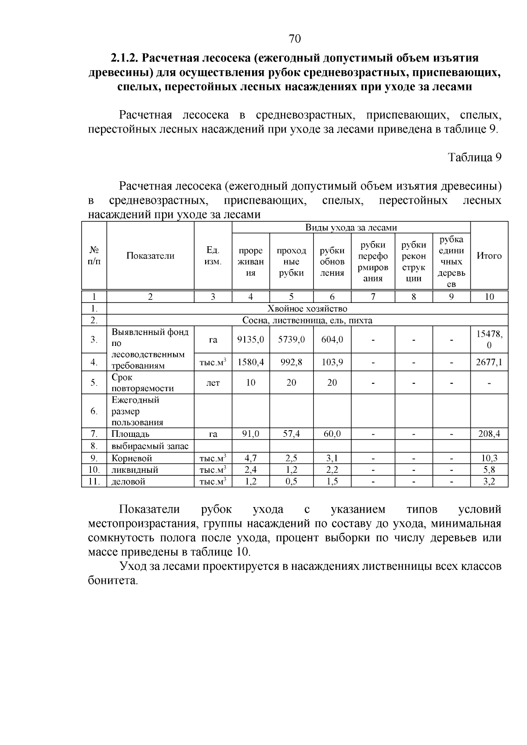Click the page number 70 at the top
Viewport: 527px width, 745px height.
295,39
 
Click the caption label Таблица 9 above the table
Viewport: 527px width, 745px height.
474,158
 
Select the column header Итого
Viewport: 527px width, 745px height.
489,256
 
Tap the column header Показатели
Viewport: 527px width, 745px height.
150,256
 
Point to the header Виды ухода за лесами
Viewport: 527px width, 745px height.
351,227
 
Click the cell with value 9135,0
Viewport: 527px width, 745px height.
250,339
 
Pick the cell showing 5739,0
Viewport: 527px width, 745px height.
291,339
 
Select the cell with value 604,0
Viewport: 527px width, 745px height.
332,339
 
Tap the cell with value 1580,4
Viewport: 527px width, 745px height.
250,362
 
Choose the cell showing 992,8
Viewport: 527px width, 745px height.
291,362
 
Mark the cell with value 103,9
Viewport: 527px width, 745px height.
332,362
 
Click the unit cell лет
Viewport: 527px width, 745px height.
213,383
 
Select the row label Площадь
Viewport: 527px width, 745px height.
130,434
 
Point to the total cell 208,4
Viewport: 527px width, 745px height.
489,434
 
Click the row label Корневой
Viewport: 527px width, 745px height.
132,458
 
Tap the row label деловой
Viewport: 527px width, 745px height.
128,482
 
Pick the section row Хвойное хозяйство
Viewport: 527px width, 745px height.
307,309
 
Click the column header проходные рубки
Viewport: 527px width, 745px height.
291,262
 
